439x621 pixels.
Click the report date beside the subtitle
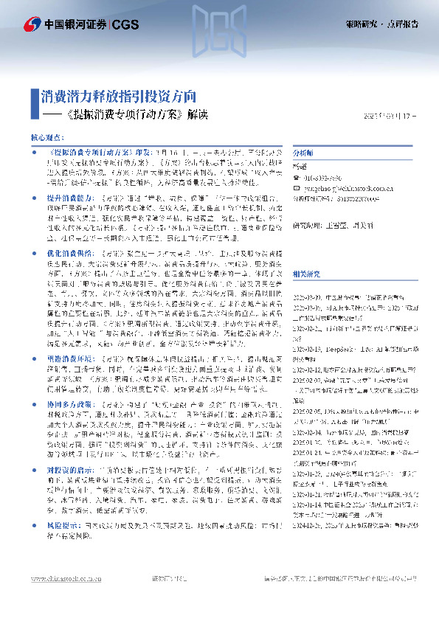(391, 116)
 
